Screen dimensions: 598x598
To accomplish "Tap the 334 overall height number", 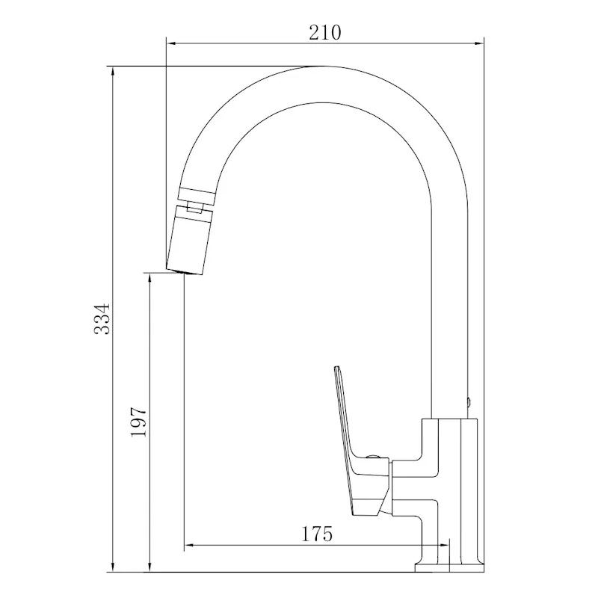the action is pos(102,319).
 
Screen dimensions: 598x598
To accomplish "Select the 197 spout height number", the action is pos(139,422).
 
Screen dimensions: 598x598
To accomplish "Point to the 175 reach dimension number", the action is pos(317,534).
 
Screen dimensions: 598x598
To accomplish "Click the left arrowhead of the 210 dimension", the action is pos(172,43).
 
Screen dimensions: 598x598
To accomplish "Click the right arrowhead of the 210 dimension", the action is pos(479,43).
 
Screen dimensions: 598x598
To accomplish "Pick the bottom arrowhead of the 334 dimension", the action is pos(113,566).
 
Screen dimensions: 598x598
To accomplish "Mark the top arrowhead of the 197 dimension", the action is pos(150,278).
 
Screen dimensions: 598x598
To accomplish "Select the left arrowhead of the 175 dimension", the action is pos(190,546).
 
